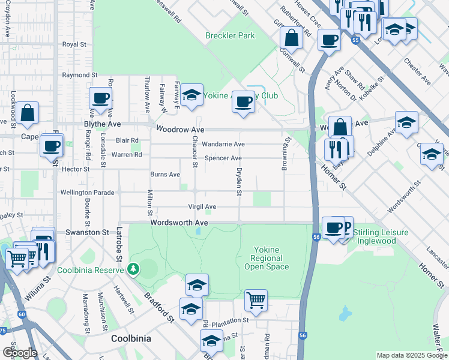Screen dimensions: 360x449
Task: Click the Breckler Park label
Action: tap(230, 36)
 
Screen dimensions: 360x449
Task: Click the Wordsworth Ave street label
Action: tap(179, 223)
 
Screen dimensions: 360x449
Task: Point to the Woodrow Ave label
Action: tap(180, 130)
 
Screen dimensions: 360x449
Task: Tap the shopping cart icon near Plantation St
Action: tap(256, 299)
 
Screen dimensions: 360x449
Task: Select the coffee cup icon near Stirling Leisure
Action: tap(333, 227)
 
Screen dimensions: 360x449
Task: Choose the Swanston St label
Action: tap(87, 232)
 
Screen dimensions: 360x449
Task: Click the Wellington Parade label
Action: tap(87, 193)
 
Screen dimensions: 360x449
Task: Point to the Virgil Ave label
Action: tap(202, 207)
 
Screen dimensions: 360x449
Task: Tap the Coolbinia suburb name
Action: tap(131, 339)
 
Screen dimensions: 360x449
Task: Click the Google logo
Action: tap(20, 353)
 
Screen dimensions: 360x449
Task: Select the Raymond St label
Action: tap(80, 76)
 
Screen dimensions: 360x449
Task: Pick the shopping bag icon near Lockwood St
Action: tap(27, 112)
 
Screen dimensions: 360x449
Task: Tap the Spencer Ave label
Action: tap(223, 158)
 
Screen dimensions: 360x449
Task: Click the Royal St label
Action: tap(75, 45)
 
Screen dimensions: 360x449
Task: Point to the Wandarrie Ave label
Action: tap(223, 145)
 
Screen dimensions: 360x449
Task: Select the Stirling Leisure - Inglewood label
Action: tap(381, 237)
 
